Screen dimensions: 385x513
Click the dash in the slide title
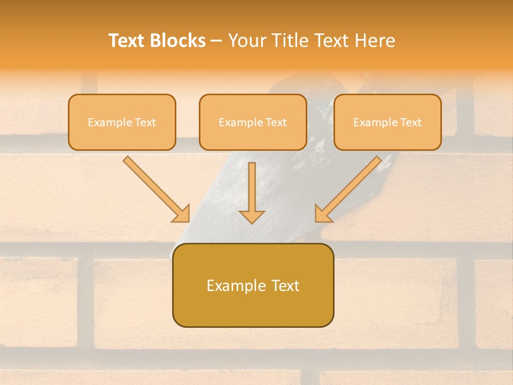(x=216, y=41)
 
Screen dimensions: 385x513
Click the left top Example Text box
(x=122, y=122)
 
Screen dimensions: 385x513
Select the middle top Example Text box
(x=253, y=122)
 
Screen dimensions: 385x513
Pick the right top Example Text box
(x=387, y=122)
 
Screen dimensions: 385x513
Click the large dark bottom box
(x=253, y=285)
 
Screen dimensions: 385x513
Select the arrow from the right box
(x=349, y=187)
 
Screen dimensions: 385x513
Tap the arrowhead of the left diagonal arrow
(x=182, y=214)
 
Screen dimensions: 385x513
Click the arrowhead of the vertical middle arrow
(x=252, y=216)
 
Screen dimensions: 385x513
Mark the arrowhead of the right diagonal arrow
(x=323, y=214)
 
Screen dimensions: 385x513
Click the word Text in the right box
(x=410, y=122)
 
